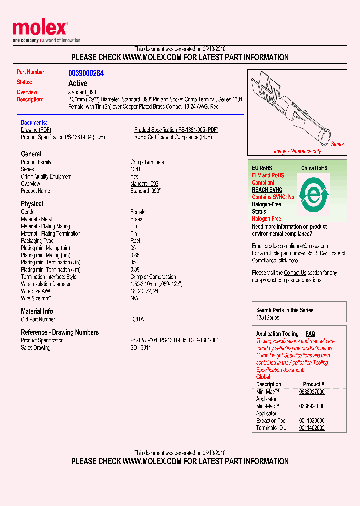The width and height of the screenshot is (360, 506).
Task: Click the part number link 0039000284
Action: [x=86, y=73]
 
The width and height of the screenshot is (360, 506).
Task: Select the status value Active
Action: [x=78, y=83]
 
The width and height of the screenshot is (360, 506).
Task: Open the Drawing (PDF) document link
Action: [x=36, y=130]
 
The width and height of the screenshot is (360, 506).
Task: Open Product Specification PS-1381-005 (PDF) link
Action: [x=176, y=130]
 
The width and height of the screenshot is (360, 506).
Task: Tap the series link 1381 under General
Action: [x=135, y=169]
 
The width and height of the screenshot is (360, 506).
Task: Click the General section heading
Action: [x=31, y=154]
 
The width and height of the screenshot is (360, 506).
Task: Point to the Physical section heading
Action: [x=32, y=204]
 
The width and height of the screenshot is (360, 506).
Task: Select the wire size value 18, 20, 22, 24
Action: [x=144, y=291]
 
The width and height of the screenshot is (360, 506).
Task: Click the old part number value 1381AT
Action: [x=139, y=319]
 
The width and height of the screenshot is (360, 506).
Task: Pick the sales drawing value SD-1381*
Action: [x=140, y=347]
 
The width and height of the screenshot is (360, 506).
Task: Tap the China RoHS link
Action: [x=314, y=168]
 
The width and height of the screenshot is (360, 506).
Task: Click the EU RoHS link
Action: [x=262, y=168]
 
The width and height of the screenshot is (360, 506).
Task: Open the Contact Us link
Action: [x=295, y=273]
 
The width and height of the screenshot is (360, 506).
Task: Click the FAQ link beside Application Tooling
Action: [x=310, y=334]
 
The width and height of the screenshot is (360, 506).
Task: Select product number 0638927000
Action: [x=312, y=392]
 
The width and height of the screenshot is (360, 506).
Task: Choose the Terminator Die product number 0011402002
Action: [x=312, y=428]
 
